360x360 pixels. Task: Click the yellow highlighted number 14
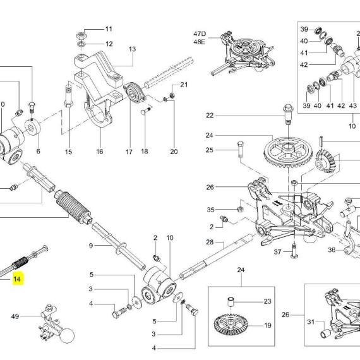click(18, 279)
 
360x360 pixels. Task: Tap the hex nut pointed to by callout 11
click(81, 35)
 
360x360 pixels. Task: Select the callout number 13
click(132, 49)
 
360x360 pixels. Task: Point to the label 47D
click(200, 33)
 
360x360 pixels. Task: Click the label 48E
click(200, 42)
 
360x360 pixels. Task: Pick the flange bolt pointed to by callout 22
click(288, 114)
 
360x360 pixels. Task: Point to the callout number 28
click(210, 242)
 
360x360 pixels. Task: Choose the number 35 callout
click(210, 210)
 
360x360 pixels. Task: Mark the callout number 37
click(277, 252)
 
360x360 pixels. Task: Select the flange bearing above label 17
click(135, 93)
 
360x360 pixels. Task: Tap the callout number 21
click(184, 85)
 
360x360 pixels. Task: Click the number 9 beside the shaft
click(91, 246)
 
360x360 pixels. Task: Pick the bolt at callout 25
click(240, 149)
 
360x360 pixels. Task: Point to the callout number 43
click(352, 105)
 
